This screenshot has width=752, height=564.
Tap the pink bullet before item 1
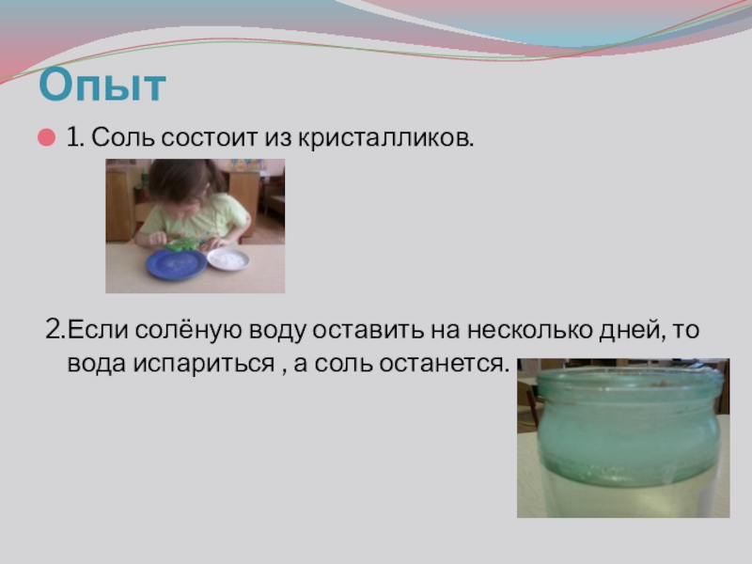pyautogui.click(x=44, y=138)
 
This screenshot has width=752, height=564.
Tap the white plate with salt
pyautogui.click(x=227, y=258)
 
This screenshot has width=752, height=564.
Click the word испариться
pyautogui.click(x=189, y=363)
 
